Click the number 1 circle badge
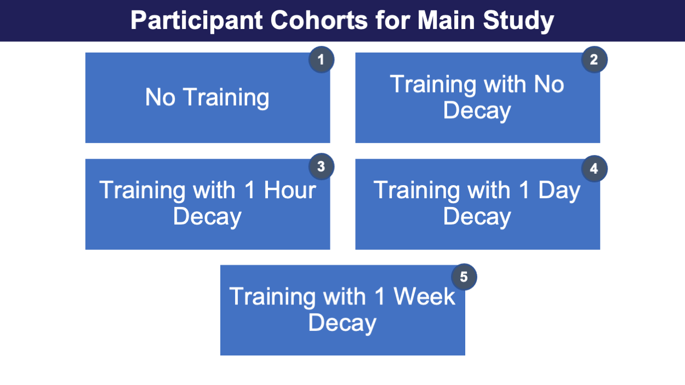point(321,60)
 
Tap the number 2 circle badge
point(594,60)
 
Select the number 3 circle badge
point(321,166)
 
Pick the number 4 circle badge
point(594,169)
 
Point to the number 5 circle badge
point(464,277)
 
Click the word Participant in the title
point(196,21)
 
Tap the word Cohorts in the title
point(319,20)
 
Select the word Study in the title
point(518,21)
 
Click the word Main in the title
point(446,20)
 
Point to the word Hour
point(290,190)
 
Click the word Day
point(559,191)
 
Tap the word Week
point(425,296)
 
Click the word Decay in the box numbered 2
point(477,112)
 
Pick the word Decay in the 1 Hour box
point(207,217)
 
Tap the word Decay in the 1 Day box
point(477,217)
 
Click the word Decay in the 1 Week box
point(342,324)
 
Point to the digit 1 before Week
point(380,296)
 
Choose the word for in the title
point(392,20)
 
